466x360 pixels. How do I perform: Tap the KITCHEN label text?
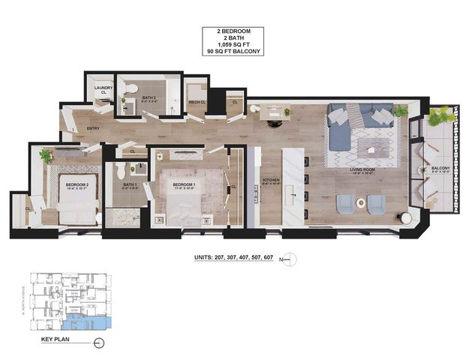271,180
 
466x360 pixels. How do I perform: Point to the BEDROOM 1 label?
184,184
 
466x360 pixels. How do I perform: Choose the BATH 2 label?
149,97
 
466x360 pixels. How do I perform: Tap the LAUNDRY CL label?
103,90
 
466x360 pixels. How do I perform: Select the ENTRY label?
94,128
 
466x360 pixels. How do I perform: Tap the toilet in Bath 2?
131,89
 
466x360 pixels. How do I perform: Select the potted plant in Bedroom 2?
46,156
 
